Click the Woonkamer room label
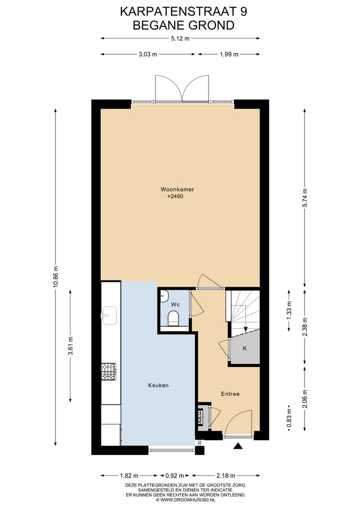coord(177,189)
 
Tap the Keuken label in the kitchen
coord(158,386)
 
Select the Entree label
coord(230,394)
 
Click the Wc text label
coord(175,304)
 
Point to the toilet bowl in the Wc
coord(174,318)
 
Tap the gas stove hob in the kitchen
coord(108,371)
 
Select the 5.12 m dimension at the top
coord(180,38)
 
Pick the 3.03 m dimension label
coord(148,54)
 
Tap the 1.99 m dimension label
coord(228,54)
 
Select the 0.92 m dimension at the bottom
coord(175,476)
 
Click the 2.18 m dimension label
coord(225,476)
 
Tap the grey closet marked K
coord(245,348)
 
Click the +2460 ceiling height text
coord(175,197)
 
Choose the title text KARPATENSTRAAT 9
coord(183,11)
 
